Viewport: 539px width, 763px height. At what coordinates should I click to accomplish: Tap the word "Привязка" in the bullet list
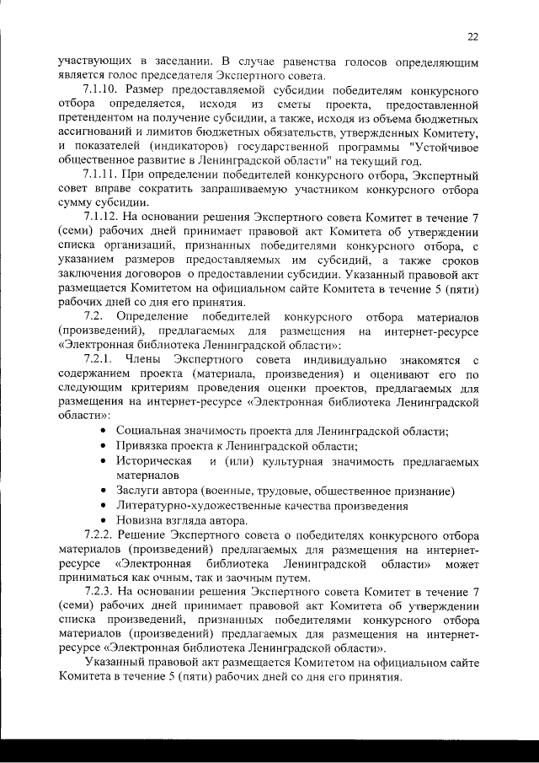coord(144,447)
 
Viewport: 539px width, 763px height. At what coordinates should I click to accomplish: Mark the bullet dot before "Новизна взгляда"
coord(102,521)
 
